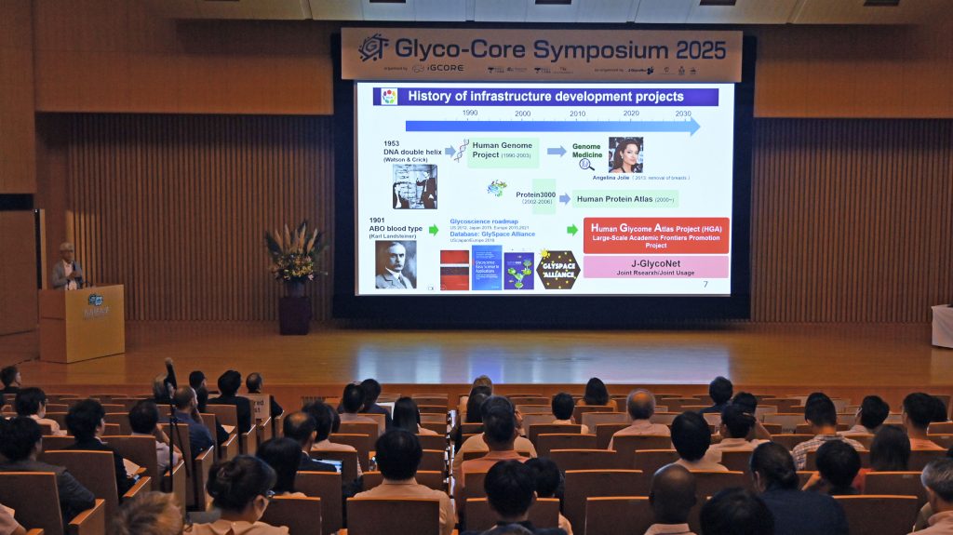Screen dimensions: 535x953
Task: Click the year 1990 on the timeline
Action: (x=470, y=113)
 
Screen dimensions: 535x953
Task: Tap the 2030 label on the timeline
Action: (x=683, y=113)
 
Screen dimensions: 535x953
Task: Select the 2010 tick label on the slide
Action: (x=577, y=113)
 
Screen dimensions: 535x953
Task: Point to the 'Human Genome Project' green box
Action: (x=503, y=150)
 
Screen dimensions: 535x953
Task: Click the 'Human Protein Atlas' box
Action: (x=625, y=198)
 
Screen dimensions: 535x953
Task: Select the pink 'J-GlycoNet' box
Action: (x=655, y=267)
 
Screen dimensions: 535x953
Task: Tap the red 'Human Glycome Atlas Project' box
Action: (x=655, y=235)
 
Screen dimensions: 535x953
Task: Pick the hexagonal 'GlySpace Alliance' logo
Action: (x=558, y=270)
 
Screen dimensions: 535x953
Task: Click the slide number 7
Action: (x=705, y=284)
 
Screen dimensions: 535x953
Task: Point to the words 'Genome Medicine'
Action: (x=586, y=150)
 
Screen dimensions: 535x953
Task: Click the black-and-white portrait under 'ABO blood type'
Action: (x=395, y=264)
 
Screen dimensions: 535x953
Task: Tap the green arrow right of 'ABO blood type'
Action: (x=433, y=230)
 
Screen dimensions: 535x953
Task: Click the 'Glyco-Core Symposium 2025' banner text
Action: (x=559, y=47)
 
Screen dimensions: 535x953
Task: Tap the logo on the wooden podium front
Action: (x=96, y=305)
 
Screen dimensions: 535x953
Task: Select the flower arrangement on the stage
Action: (x=295, y=254)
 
